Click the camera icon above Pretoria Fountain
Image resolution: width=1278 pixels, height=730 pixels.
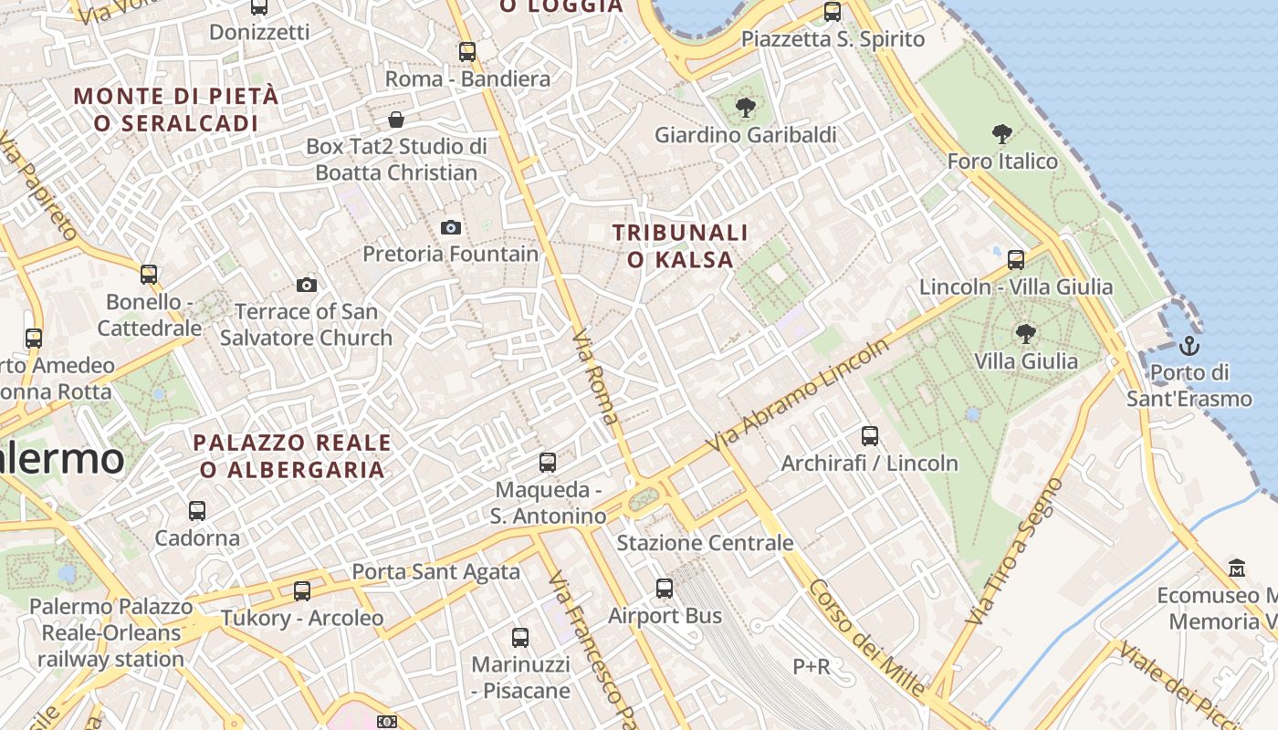click(x=450, y=227)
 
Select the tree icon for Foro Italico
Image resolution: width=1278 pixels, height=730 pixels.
click(x=1002, y=134)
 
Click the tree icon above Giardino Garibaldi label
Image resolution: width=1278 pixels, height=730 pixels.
click(x=745, y=107)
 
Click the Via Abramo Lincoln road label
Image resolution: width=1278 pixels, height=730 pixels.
click(x=797, y=396)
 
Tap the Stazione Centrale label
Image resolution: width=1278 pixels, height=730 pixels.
click(x=705, y=543)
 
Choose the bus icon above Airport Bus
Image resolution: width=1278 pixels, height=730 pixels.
click(x=665, y=589)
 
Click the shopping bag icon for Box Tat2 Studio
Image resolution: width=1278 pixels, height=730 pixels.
click(x=396, y=120)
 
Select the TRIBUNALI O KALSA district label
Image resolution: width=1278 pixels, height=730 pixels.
click(x=680, y=246)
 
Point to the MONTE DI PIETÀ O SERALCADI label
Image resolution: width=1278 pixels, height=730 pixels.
click(x=175, y=109)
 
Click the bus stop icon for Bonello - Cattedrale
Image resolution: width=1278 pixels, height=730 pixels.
click(x=149, y=274)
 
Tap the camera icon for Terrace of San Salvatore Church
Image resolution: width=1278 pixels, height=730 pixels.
click(x=307, y=285)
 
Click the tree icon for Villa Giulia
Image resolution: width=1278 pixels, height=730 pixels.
click(x=1025, y=334)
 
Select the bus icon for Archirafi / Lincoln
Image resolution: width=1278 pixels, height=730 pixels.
click(x=869, y=436)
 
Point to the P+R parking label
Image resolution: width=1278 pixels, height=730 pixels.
click(x=811, y=667)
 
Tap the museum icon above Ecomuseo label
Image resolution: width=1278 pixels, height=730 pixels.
click(x=1237, y=568)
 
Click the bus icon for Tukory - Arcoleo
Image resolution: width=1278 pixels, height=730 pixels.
click(x=302, y=590)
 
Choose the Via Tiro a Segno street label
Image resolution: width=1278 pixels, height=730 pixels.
click(x=1015, y=550)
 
